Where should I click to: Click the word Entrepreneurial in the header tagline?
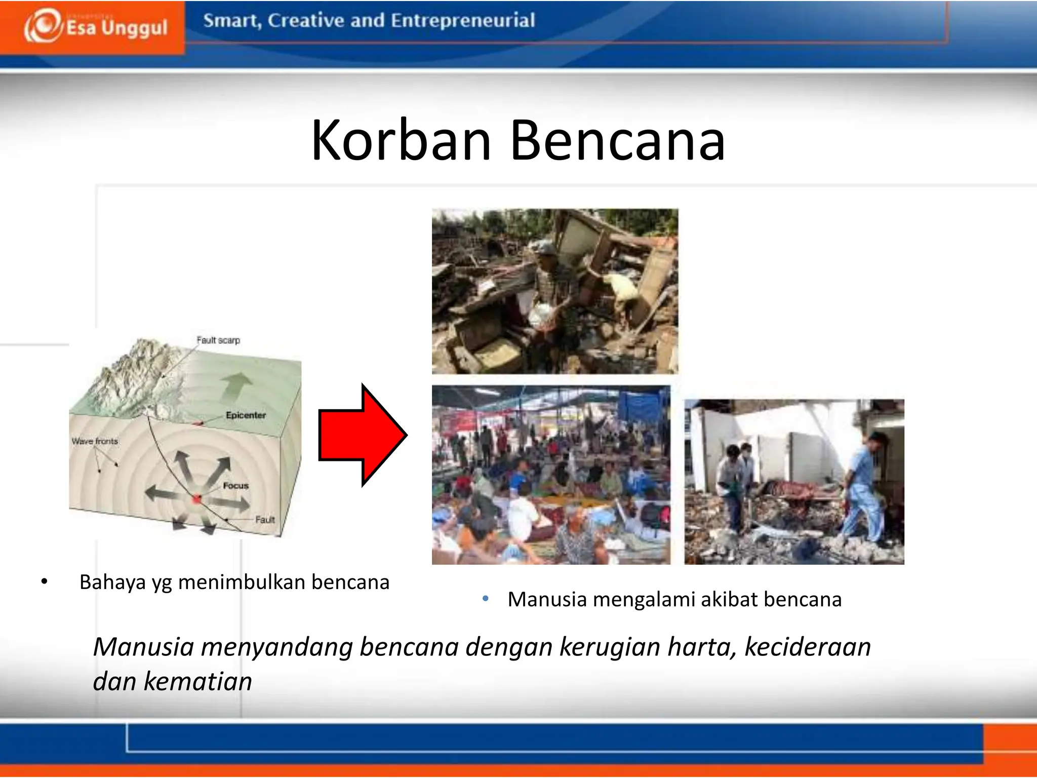click(463, 21)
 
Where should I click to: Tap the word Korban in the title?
click(401, 140)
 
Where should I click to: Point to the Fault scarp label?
click(218, 340)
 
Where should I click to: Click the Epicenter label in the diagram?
click(246, 415)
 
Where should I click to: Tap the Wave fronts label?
click(95, 441)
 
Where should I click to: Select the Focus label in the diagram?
click(235, 485)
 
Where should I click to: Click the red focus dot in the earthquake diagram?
click(196, 499)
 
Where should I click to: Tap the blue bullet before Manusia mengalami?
click(485, 599)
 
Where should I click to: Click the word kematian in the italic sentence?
click(197, 681)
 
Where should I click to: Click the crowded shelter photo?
click(551, 475)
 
